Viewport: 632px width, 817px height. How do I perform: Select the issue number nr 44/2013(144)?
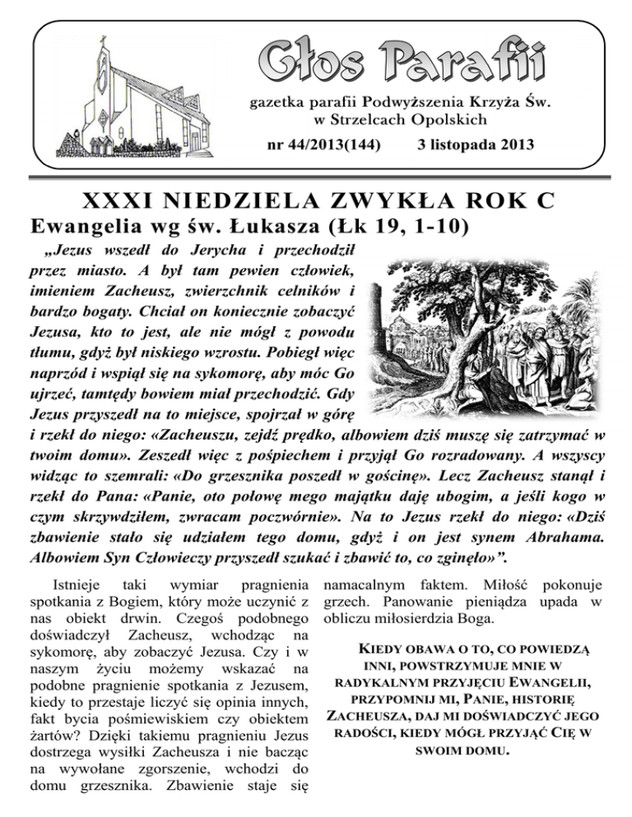(315, 145)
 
